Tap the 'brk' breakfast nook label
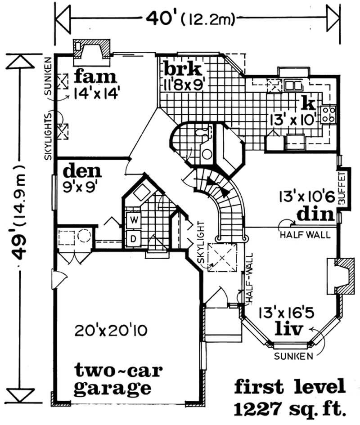coord(180,70)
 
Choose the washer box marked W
coord(134,220)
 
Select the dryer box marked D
coord(134,239)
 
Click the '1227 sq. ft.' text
coord(290,408)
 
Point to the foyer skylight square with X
coord(224,257)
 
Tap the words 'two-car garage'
coord(112,379)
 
